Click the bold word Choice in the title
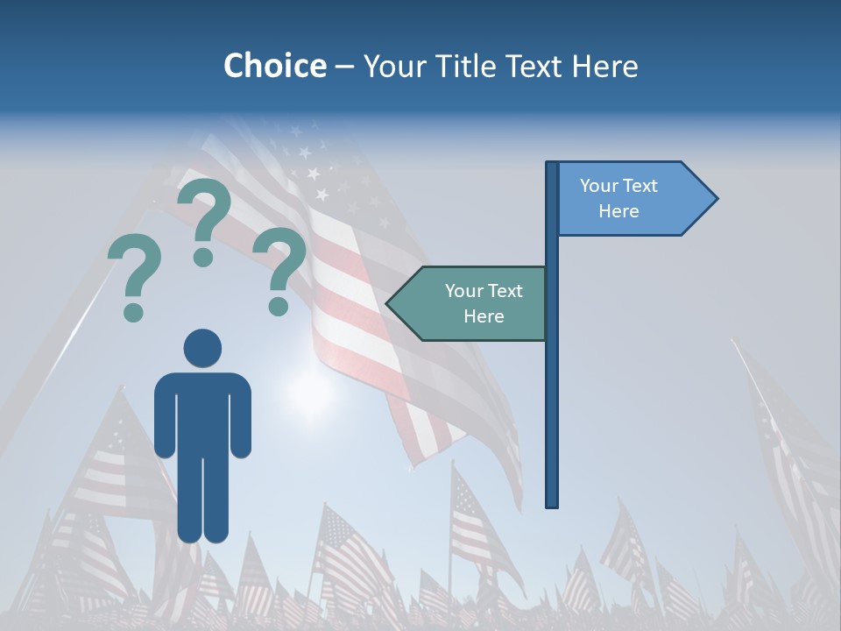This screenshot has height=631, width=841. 274,66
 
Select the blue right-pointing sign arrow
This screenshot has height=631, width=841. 631,199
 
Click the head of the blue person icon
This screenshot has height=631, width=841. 202,348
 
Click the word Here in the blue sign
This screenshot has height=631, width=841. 618,211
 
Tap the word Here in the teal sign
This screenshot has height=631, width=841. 484,316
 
